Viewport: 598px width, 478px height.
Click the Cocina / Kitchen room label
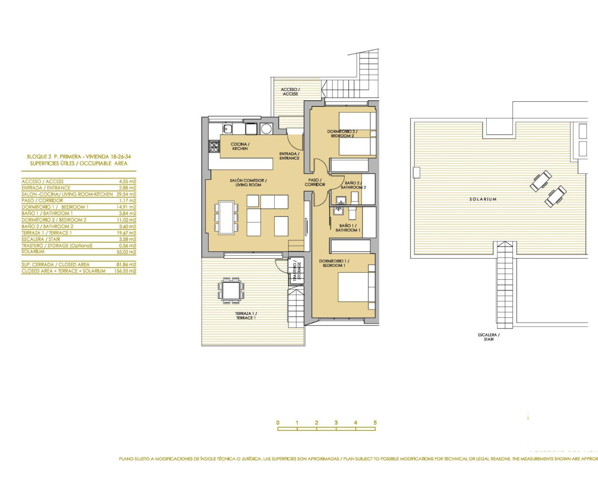(x=240, y=147)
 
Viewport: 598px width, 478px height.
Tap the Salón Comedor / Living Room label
(x=248, y=183)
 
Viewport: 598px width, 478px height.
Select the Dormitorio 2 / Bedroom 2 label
(x=342, y=134)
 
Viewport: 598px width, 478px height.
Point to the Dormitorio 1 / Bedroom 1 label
(x=334, y=263)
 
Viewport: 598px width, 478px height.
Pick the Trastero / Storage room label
(x=297, y=270)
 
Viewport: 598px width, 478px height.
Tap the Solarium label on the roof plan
(x=483, y=199)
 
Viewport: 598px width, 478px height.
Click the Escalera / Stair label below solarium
(x=489, y=337)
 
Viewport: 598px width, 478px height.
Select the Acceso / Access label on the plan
(x=290, y=91)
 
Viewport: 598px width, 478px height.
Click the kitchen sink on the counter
(x=228, y=129)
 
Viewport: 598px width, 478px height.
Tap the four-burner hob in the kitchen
(x=214, y=147)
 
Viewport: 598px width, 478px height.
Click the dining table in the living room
(x=226, y=217)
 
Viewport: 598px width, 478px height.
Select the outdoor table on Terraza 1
(x=231, y=290)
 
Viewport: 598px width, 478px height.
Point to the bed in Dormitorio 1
(x=356, y=287)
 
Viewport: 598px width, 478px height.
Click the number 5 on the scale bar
(x=375, y=423)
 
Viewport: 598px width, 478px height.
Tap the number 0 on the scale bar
(x=278, y=423)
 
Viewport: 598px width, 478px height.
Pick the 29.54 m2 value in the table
(x=126, y=194)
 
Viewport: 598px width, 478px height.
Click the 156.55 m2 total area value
(x=125, y=271)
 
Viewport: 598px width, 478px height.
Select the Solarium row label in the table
(x=33, y=252)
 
